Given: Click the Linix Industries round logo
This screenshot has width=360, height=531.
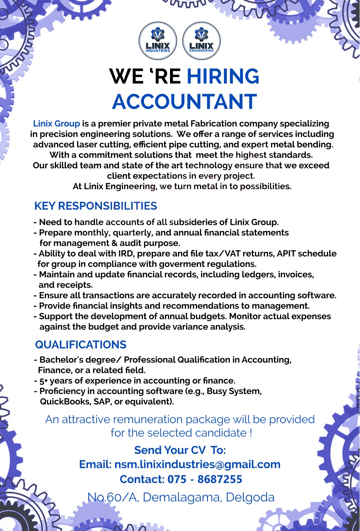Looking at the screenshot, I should tap(158, 41).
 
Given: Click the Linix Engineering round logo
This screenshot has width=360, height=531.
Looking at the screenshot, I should tap(201, 41).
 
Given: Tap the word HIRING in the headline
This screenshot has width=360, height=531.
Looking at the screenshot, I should tap(223, 76).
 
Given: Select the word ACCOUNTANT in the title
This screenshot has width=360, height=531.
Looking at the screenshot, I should tap(185, 102).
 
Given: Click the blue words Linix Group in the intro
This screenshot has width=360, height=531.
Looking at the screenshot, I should tap(56, 124).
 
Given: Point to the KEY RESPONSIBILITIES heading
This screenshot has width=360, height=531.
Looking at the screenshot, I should tap(96, 206).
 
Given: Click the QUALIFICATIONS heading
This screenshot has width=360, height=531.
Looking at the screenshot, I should tap(81, 345).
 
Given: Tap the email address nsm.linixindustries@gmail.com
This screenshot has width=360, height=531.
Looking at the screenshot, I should tap(197, 464).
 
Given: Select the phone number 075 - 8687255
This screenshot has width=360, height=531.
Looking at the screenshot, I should tap(205, 479).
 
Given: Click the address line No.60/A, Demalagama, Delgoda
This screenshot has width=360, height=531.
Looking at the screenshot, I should tap(181, 497).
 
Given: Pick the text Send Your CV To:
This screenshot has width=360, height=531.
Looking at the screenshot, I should tap(180, 450).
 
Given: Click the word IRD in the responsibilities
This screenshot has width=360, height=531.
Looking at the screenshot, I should tap(126, 254).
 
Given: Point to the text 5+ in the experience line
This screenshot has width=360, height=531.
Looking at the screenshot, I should tap(44, 381).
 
